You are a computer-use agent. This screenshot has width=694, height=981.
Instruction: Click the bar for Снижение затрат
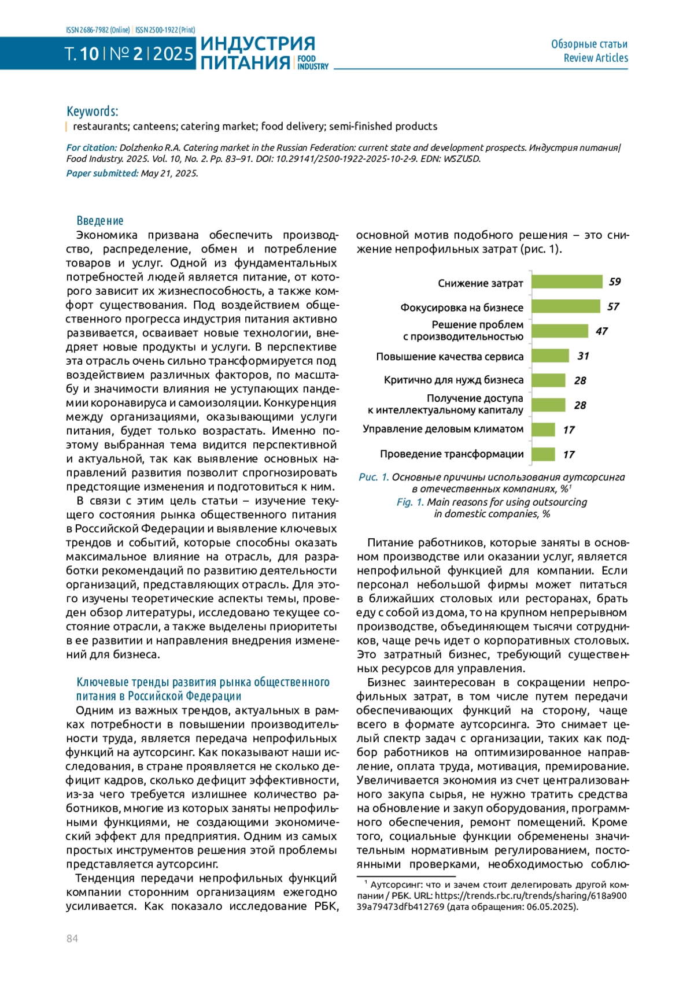567,282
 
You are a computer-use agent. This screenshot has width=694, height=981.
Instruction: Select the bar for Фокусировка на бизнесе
566,306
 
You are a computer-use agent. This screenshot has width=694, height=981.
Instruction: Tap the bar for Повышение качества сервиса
550,356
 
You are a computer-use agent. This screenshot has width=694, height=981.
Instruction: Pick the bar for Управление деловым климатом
543,430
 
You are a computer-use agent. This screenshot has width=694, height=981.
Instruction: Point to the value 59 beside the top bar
615,282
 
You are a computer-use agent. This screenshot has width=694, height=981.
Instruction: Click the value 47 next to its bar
601,331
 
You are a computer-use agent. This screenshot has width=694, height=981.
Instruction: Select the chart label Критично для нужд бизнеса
453,380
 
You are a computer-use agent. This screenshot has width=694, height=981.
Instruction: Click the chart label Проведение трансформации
451,454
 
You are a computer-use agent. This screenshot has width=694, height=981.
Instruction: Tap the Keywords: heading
93,111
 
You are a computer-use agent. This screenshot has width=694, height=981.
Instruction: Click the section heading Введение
100,221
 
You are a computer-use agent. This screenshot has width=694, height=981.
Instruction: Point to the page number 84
72,939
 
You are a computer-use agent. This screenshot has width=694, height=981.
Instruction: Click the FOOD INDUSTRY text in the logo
312,62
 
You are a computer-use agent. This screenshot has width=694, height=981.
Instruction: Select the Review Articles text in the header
596,58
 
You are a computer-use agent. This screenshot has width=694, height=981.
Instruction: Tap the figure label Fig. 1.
410,502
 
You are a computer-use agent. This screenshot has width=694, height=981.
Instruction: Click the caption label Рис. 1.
374,477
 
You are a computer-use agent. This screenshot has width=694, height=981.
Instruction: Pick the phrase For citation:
91,148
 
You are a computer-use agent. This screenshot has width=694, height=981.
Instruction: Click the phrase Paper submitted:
102,173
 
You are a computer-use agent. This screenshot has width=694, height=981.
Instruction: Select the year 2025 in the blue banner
173,54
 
